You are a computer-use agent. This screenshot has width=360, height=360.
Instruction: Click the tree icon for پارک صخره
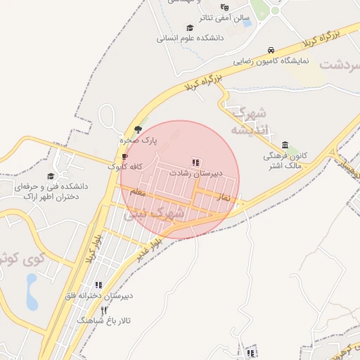(138, 129)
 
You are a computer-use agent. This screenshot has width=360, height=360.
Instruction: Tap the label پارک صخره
(139, 141)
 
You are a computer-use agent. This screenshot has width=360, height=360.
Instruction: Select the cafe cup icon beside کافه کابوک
(125, 156)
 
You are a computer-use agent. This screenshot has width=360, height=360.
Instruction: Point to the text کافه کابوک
(126, 167)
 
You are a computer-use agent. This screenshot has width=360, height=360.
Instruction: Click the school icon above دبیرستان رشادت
(195, 162)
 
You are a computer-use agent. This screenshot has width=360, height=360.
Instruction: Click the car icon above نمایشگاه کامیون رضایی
(271, 50)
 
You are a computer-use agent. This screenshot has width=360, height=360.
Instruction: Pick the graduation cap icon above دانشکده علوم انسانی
(189, 28)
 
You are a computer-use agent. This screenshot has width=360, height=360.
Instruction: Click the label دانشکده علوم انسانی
(189, 39)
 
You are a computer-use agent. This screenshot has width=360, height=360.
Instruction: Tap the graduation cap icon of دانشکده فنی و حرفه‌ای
(51, 176)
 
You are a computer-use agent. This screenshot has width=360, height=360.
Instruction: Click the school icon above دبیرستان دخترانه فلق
(98, 285)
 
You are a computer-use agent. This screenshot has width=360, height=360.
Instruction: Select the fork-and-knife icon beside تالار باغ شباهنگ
(104, 310)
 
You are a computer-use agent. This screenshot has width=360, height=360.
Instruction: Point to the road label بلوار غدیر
(151, 248)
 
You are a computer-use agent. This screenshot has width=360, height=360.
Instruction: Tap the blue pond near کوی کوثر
(32, 291)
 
